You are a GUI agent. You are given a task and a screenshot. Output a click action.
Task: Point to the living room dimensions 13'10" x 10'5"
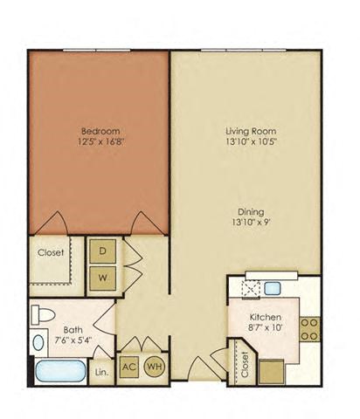coord(243,142)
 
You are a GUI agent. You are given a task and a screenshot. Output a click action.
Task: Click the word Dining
coord(244,210)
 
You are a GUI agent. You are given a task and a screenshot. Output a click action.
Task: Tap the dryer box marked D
coord(102,251)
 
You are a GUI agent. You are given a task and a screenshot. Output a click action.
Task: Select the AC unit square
coord(128,367)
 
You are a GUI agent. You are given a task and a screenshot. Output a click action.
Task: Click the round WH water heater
coord(154,367)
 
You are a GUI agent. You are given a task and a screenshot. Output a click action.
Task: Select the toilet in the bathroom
coord(43,313)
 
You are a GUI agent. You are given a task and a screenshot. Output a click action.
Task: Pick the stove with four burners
coord(309,327)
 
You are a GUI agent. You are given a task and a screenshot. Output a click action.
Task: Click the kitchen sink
coord(272,287)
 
